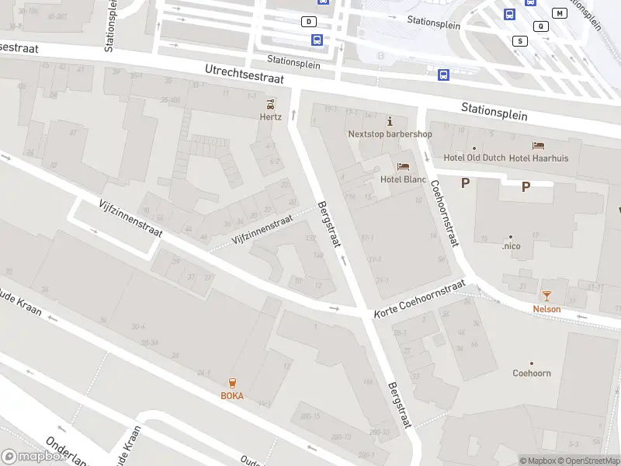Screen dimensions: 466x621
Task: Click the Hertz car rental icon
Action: point(270,104)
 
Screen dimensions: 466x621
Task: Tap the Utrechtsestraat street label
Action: point(245,75)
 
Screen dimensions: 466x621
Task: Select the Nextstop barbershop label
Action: point(390,134)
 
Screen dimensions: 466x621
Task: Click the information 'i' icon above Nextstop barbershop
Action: point(390,121)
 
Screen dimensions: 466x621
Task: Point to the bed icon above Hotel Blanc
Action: point(403,166)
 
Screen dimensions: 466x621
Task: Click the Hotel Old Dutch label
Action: point(474,158)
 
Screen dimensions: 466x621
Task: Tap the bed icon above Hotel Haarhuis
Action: point(538,146)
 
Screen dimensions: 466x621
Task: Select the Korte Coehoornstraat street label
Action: point(419,299)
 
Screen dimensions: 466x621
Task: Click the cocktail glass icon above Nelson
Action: point(546,296)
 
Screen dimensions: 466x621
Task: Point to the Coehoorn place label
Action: point(532,373)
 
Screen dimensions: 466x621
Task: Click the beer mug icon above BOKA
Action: point(231,383)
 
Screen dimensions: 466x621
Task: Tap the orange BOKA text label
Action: point(231,395)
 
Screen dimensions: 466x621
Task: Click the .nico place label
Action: point(511,246)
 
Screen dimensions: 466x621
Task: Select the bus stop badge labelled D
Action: point(310,22)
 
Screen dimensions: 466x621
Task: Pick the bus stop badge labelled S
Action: point(519,40)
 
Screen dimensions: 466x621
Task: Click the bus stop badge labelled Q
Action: point(540,26)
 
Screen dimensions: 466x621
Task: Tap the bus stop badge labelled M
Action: point(559,13)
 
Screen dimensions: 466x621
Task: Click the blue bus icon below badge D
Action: point(317,40)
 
